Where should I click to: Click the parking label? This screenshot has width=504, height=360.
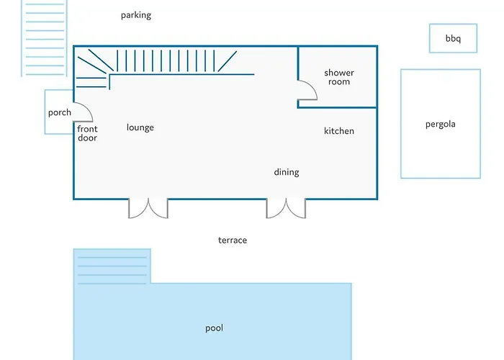(x=136, y=15)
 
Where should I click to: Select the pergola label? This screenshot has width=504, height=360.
(x=441, y=125)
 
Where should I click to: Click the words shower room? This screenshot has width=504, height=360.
(x=339, y=77)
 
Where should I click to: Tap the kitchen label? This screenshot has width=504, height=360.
(x=339, y=131)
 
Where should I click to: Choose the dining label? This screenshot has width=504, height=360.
(x=287, y=172)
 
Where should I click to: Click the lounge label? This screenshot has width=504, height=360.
(x=140, y=127)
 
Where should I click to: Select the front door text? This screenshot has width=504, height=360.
(x=87, y=133)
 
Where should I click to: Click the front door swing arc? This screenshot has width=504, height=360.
(x=88, y=109)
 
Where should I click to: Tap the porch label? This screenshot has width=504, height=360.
(x=60, y=113)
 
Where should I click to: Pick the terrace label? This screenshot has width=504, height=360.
(x=233, y=240)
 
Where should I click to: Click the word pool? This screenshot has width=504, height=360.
(x=214, y=328)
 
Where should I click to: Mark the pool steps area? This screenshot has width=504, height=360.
(x=112, y=266)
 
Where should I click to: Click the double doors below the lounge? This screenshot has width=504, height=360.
(x=148, y=209)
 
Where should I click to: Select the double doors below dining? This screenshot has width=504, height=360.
(x=286, y=209)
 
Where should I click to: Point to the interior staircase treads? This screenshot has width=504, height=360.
(x=166, y=60)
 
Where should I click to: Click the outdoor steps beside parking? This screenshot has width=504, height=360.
(x=45, y=39)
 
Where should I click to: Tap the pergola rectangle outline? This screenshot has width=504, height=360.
(x=401, y=124)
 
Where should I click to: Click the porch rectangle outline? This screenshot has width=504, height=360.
(x=45, y=112)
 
